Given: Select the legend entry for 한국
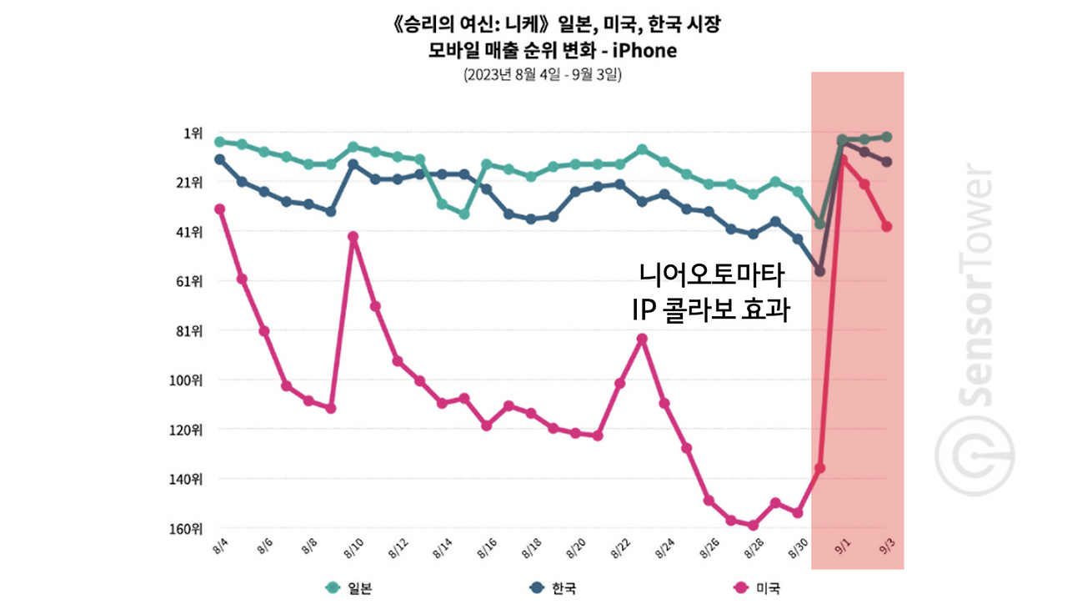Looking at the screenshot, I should tap(552, 588).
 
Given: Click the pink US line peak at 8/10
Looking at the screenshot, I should tap(353, 237).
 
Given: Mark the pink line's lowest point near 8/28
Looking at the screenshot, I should tap(753, 526).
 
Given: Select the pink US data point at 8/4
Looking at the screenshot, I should tap(220, 209).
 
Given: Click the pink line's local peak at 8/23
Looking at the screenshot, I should tap(642, 339).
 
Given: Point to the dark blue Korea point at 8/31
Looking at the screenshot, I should tap(819, 271).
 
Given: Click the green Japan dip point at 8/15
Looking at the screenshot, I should tap(463, 214).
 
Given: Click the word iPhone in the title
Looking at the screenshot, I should tap(641, 50).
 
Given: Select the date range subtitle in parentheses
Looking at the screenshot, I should tap(543, 75).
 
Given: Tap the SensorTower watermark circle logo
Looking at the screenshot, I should tap(974, 456).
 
